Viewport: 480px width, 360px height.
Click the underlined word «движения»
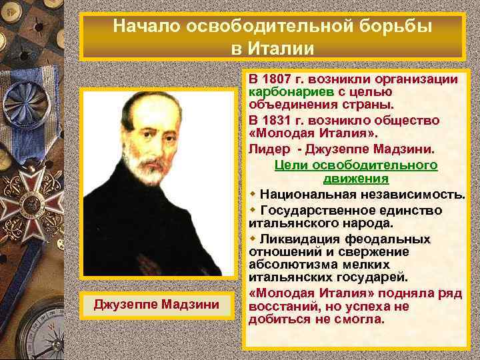point(355,179)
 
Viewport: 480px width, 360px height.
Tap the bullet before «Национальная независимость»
point(253,193)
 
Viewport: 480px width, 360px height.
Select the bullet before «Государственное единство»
point(253,209)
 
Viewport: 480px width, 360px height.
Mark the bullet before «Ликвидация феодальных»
point(253,238)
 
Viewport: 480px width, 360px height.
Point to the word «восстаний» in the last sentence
point(280,307)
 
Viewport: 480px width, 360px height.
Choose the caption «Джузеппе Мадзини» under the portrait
point(157,305)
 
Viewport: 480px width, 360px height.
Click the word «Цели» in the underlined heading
point(288,165)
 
